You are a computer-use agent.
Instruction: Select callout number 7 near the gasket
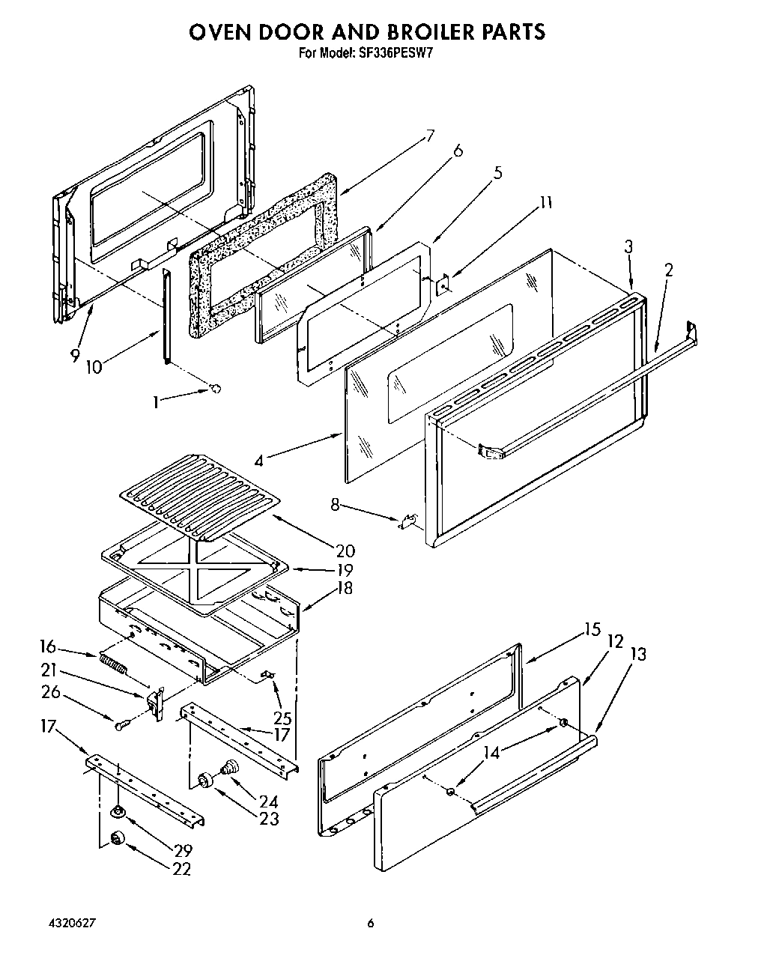(x=430, y=136)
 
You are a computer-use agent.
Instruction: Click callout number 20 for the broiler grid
(x=345, y=551)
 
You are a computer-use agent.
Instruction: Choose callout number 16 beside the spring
(x=48, y=646)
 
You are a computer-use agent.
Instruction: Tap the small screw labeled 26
(x=122, y=724)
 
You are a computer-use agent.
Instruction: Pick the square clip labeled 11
(x=443, y=285)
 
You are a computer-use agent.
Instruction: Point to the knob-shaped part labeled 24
(x=230, y=766)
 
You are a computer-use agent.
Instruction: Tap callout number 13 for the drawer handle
(x=637, y=654)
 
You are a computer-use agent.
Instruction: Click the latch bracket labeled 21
(x=156, y=701)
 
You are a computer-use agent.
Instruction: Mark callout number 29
(x=182, y=850)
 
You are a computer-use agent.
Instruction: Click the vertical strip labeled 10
(x=166, y=318)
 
